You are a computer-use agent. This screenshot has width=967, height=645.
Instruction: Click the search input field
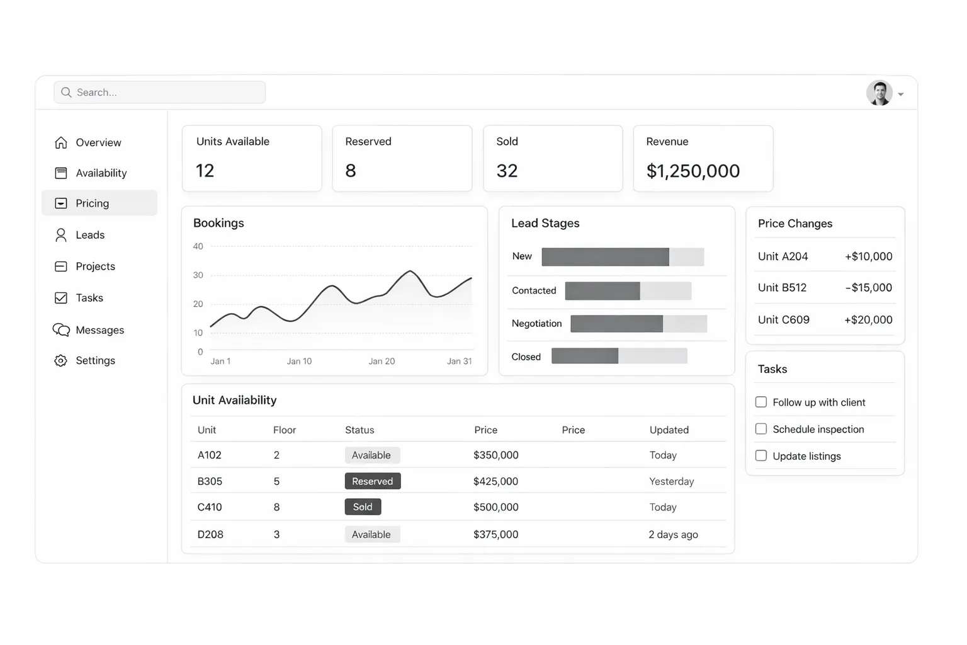click(x=159, y=93)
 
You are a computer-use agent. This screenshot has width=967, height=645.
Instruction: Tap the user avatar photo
click(x=879, y=93)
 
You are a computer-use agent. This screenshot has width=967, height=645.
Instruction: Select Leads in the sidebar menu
click(x=90, y=235)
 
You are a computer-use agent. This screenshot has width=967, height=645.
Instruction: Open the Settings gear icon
click(x=61, y=361)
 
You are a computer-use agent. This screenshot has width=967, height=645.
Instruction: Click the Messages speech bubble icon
click(x=61, y=330)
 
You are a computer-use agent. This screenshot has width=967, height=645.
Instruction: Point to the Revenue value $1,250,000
click(x=693, y=171)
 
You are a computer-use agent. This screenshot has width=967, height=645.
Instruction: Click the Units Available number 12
click(x=205, y=171)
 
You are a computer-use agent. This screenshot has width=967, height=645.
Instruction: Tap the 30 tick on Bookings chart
click(x=198, y=275)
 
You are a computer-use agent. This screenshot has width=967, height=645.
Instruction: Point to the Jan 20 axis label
click(x=382, y=362)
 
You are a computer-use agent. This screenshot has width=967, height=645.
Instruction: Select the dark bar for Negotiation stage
click(x=616, y=324)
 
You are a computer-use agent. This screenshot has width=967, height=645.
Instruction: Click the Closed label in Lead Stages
click(x=526, y=357)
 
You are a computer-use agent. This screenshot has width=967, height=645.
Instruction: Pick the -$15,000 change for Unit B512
click(x=868, y=288)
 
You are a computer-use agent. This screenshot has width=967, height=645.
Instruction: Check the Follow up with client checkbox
click(x=761, y=402)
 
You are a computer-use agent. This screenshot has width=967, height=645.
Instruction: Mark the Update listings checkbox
click(x=761, y=455)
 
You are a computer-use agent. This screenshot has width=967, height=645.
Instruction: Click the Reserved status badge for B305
click(x=373, y=481)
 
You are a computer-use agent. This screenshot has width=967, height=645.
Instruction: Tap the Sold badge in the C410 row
click(x=363, y=507)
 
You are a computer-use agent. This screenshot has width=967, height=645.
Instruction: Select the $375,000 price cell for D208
click(x=495, y=535)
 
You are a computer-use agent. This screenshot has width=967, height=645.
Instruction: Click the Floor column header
click(x=285, y=430)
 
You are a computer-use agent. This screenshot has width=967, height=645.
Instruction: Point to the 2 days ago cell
click(x=673, y=535)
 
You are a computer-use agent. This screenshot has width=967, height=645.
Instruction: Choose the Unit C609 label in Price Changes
click(x=783, y=320)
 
